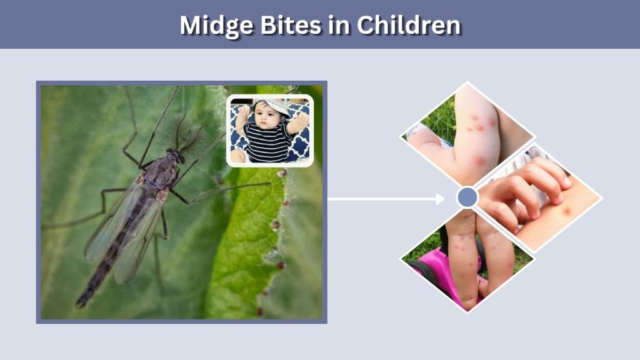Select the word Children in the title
point(409,25)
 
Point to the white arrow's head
point(441,199)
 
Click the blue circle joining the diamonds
point(467,197)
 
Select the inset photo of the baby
point(270,131)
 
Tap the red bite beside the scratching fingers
point(566,211)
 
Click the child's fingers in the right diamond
point(531,187)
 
